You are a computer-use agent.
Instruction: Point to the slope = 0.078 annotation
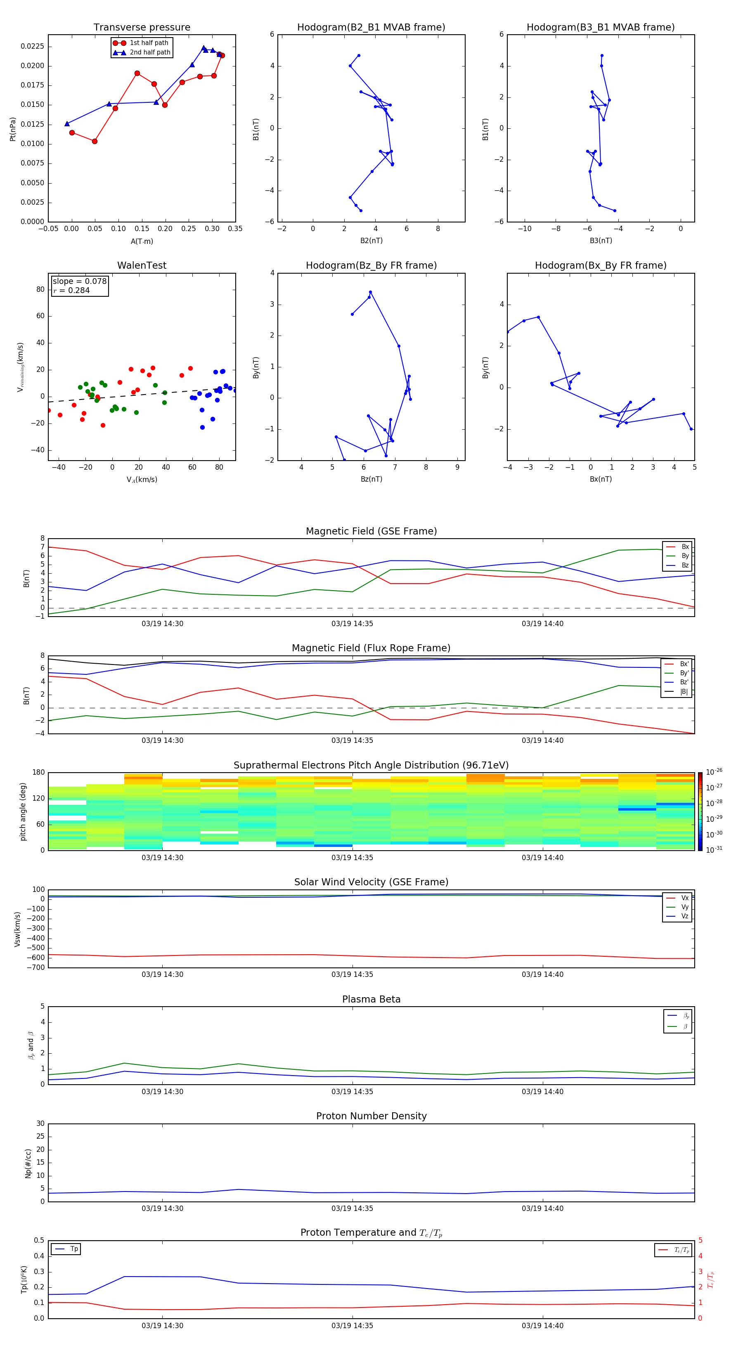[x=79, y=281]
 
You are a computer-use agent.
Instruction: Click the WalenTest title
[x=142, y=265]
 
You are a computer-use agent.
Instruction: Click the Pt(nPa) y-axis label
[x=13, y=129]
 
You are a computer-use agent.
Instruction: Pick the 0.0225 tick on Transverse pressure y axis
[x=32, y=47]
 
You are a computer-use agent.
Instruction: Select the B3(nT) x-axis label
[x=601, y=241]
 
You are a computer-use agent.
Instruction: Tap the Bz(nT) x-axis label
[x=371, y=479]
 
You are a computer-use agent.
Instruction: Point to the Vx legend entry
[x=684, y=898]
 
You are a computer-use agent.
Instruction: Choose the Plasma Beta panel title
[x=371, y=999]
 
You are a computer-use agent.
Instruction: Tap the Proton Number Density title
[x=371, y=1116]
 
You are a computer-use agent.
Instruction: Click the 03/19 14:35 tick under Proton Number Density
[x=352, y=1208]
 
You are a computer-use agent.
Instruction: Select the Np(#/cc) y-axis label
[x=28, y=1163]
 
